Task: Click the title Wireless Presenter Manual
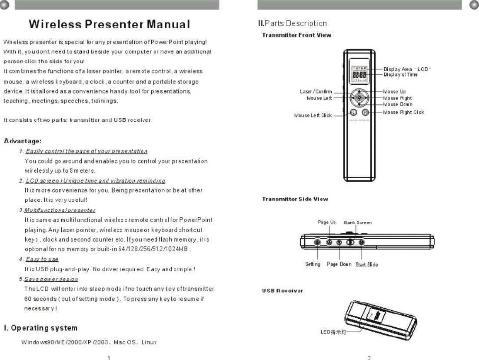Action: click(110, 24)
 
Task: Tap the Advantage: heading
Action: click(23, 141)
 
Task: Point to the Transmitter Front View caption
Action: click(291, 35)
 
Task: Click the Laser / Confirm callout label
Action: click(316, 92)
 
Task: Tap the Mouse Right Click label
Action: click(403, 112)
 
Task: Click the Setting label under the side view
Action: click(313, 264)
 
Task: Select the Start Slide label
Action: click(366, 265)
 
